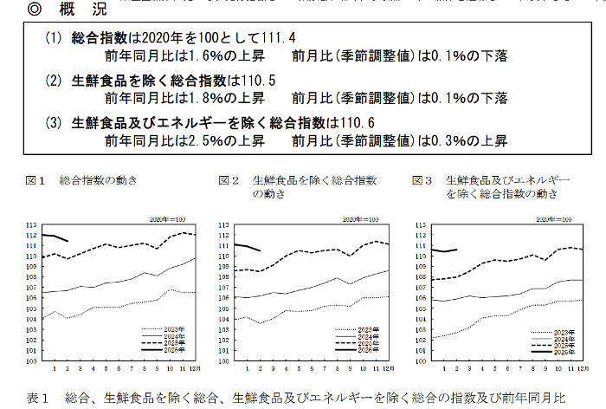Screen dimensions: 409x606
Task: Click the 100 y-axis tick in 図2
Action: pos(224,360)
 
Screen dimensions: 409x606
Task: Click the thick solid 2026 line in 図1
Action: pos(52,236)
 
